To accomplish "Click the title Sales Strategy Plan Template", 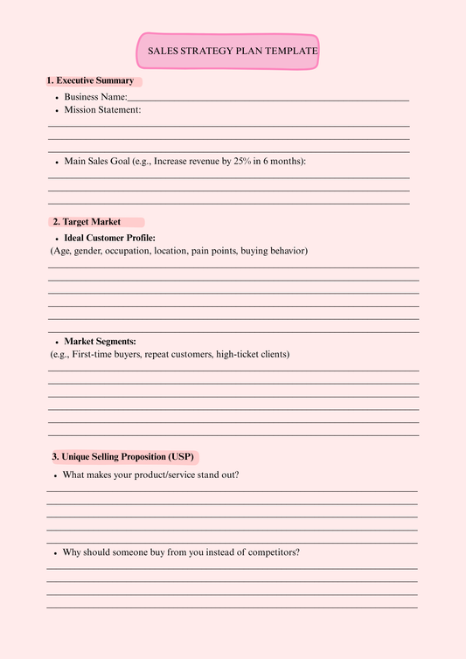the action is pyautogui.click(x=232, y=52).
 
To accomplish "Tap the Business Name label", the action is pyautogui.click(x=95, y=97).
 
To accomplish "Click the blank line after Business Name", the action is pyautogui.click(x=268, y=99).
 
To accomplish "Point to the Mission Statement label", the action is pyautogui.click(x=102, y=110).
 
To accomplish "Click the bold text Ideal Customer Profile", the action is pyautogui.click(x=110, y=238).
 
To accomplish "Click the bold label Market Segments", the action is pyautogui.click(x=100, y=341).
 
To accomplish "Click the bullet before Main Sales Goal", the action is pyautogui.click(x=56, y=163).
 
